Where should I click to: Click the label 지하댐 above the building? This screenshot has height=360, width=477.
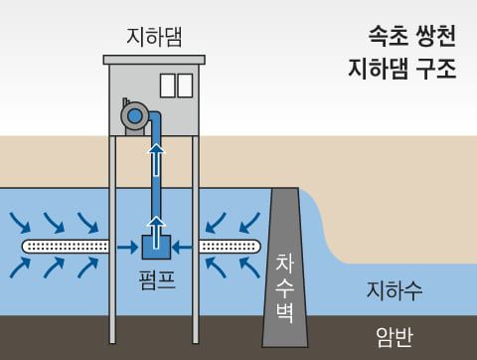click(154, 37)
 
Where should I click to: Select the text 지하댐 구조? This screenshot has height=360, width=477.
click(402, 71)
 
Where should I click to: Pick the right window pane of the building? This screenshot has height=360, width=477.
click(185, 86)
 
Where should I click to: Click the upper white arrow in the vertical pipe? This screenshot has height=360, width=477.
click(154, 158)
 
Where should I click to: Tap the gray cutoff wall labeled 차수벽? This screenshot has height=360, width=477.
click(283, 269)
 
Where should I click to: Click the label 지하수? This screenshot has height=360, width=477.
click(395, 291)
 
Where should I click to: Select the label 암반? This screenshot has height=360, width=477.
click(394, 337)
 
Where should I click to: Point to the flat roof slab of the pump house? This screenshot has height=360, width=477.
click(154, 60)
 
